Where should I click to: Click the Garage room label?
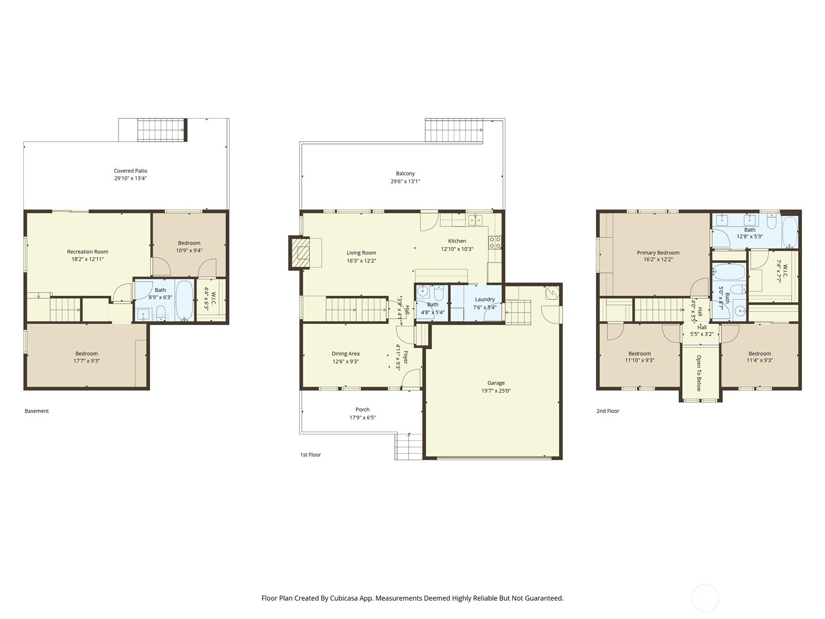tap(496, 383)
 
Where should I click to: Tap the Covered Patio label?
tap(130, 171)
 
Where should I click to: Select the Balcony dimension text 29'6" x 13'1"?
tap(405, 181)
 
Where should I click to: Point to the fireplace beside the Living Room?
tap(299, 253)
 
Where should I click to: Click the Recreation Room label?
tap(88, 252)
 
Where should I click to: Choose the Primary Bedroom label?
tap(658, 253)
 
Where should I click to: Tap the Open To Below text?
tap(699, 373)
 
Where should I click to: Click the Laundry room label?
tap(485, 300)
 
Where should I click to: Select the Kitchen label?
tap(457, 241)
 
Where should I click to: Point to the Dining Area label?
tap(345, 354)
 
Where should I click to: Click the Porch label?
tap(362, 410)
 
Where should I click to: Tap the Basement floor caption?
tap(37, 411)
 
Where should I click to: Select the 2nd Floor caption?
tap(608, 411)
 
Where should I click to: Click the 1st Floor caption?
tap(310, 455)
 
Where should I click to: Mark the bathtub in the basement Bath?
tap(185, 300)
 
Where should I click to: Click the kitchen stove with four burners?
tap(494, 242)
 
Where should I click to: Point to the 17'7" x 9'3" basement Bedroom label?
tap(87, 357)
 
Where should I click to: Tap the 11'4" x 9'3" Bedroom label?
tap(760, 357)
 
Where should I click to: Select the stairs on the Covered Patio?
tap(162, 130)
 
